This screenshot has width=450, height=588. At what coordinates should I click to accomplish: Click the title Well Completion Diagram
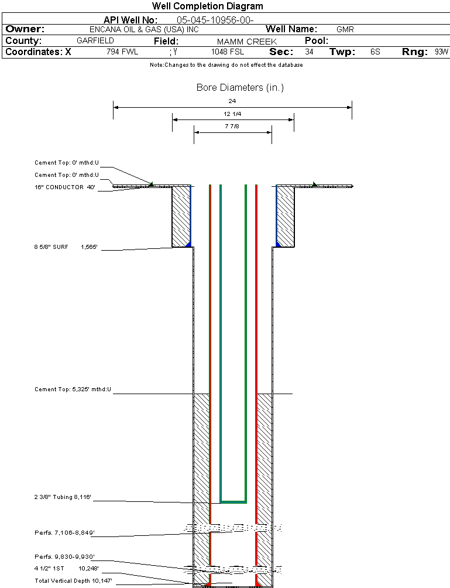point(207,6)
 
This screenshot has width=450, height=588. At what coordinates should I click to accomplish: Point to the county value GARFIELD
point(95,41)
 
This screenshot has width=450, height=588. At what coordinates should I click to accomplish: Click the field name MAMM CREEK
point(246,42)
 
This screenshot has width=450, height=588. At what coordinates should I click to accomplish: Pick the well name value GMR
point(345,29)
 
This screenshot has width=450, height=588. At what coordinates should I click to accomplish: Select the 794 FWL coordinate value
point(122,52)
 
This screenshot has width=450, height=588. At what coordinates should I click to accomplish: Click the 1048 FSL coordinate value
point(227,52)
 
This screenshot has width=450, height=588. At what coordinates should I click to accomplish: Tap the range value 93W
point(441,52)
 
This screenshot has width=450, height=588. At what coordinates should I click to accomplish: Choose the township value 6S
point(375,52)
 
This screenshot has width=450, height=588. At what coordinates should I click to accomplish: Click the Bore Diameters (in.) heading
point(240,88)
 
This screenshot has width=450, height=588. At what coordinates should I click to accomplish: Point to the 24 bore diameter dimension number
point(232,101)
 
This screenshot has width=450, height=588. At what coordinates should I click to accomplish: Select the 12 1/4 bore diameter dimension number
point(232,114)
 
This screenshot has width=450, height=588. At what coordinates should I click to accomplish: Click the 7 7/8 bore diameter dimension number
point(232,127)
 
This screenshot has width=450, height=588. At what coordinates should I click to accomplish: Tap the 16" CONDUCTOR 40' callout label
point(64,187)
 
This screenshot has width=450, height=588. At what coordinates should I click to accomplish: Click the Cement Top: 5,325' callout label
point(73,389)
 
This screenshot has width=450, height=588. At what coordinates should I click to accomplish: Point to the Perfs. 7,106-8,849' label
point(64,534)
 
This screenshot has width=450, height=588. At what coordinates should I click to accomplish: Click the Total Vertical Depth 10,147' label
point(73,580)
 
